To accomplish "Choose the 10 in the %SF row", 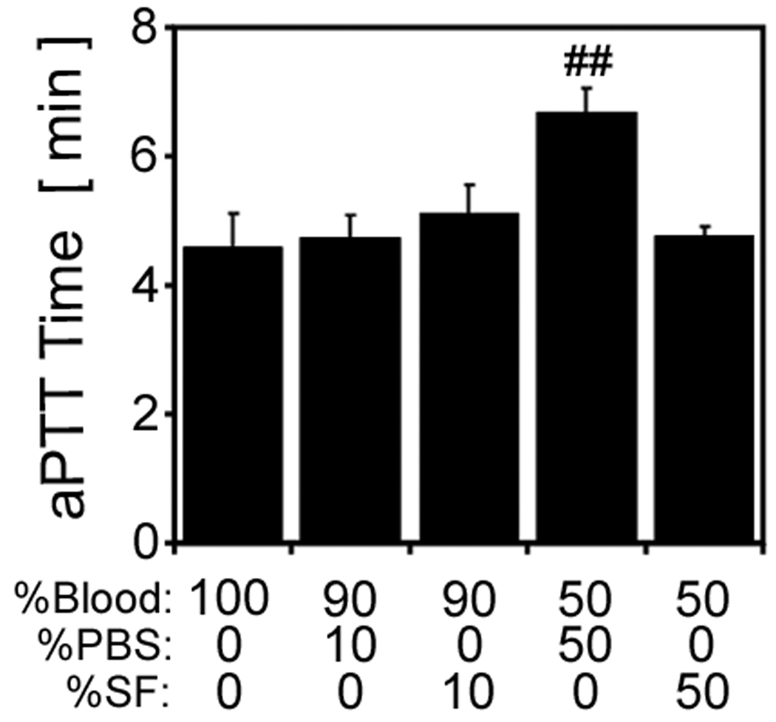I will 468,692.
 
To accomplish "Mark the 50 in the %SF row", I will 704,692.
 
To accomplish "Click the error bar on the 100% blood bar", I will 232,229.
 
